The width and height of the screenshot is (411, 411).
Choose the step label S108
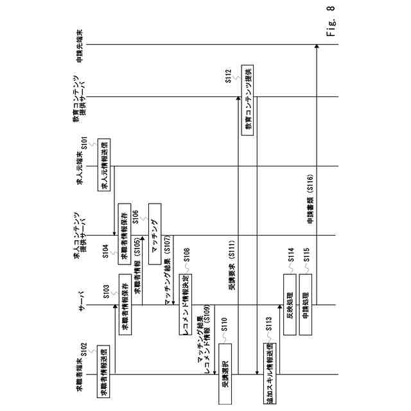186,254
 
